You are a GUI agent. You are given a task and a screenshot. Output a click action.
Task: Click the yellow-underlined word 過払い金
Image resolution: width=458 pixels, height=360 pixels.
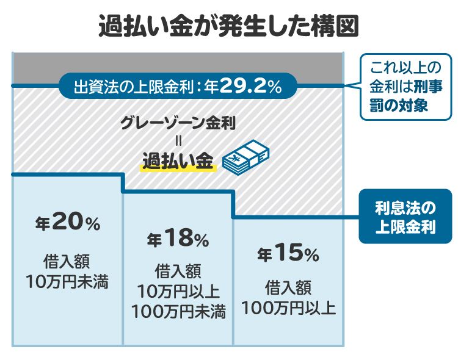(178, 160)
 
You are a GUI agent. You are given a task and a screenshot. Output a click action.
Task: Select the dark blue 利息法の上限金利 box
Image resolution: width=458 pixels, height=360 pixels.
(405, 215)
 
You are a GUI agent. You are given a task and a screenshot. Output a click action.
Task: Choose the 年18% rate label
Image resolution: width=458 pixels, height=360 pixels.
(178, 239)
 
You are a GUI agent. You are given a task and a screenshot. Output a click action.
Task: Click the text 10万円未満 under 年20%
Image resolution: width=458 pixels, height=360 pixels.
(68, 282)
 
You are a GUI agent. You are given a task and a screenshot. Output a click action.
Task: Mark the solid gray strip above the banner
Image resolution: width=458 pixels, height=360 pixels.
(177, 63)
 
